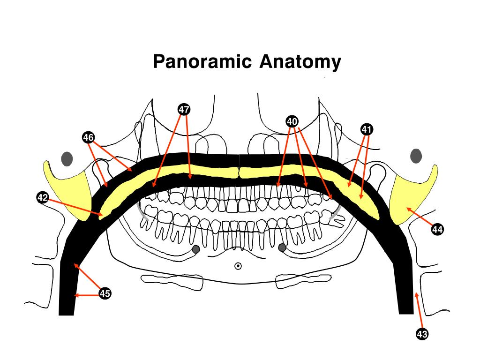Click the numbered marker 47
[x=184, y=109]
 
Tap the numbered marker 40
[x=292, y=121]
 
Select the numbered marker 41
[x=367, y=129]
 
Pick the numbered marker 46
[x=88, y=137]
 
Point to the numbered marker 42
[x=43, y=198]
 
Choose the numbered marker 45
[x=105, y=294]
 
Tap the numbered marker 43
[x=422, y=334]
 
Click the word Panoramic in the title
[x=203, y=61]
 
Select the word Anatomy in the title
[x=300, y=61]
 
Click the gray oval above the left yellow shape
[x=67, y=159]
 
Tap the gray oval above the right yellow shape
[x=416, y=156]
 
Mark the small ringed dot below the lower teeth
[x=238, y=266]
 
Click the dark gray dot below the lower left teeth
[x=196, y=248]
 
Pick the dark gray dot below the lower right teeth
[x=282, y=247]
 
